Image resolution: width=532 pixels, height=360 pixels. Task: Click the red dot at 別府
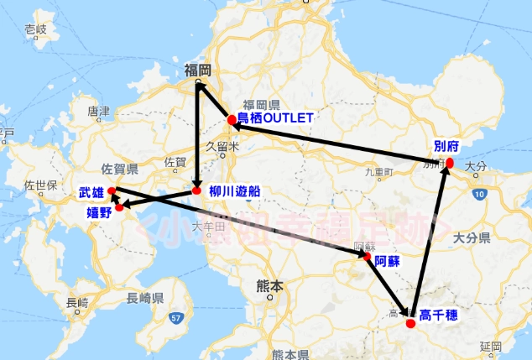(x=449, y=162)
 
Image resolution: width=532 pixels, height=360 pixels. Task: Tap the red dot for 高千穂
(x=410, y=323)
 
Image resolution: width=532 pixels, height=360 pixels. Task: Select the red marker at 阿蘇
(x=367, y=258)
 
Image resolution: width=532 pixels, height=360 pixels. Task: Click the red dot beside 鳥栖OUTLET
(x=232, y=119)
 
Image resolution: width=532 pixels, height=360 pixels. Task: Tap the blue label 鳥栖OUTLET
(x=274, y=118)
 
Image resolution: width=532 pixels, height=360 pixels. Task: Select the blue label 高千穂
(x=437, y=316)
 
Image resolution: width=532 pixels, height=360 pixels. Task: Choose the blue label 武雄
(x=91, y=193)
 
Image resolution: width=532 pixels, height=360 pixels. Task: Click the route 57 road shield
(x=174, y=318)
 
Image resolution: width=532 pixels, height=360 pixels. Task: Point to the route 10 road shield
(x=478, y=194)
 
